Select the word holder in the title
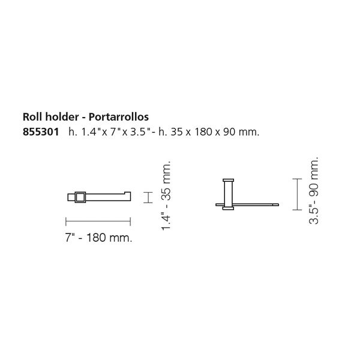pos(62,116)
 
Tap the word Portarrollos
pos(119,116)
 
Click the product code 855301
pos(41,132)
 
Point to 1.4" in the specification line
pos(90,132)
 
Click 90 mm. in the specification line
pos(241,132)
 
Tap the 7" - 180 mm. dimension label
pos(99,238)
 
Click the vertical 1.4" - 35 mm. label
pos(166,196)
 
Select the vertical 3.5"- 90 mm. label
pos(314,191)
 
